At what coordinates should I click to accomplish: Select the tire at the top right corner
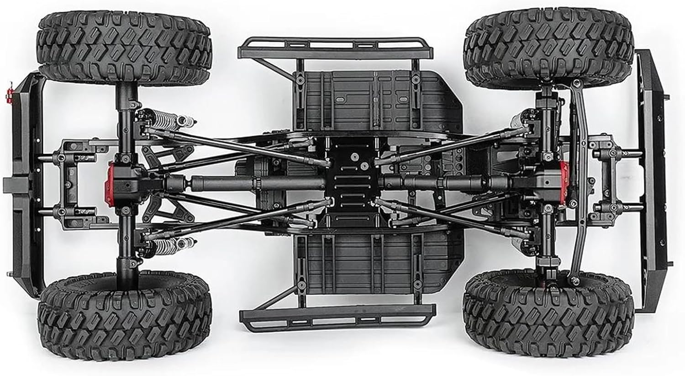point(548,48)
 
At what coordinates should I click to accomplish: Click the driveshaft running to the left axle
point(219,184)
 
